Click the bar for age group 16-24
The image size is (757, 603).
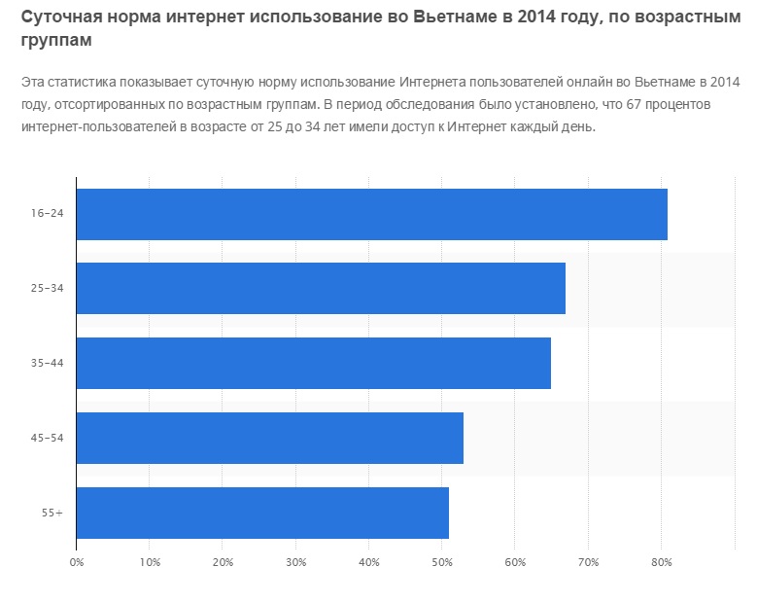point(371,214)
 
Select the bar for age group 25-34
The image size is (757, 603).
point(321,288)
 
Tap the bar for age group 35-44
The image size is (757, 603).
point(313,363)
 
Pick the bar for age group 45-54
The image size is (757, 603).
point(269,438)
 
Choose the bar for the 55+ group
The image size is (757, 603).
point(262,513)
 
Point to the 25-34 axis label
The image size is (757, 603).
point(48,289)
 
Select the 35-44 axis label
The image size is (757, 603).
point(48,363)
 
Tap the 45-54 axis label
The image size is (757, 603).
point(48,438)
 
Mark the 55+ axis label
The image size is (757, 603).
point(52,513)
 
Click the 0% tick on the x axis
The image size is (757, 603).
point(76,562)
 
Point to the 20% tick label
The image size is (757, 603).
point(223,562)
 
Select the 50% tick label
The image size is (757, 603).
point(442,562)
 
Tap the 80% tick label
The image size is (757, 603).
point(662,562)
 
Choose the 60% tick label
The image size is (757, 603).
point(515,562)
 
